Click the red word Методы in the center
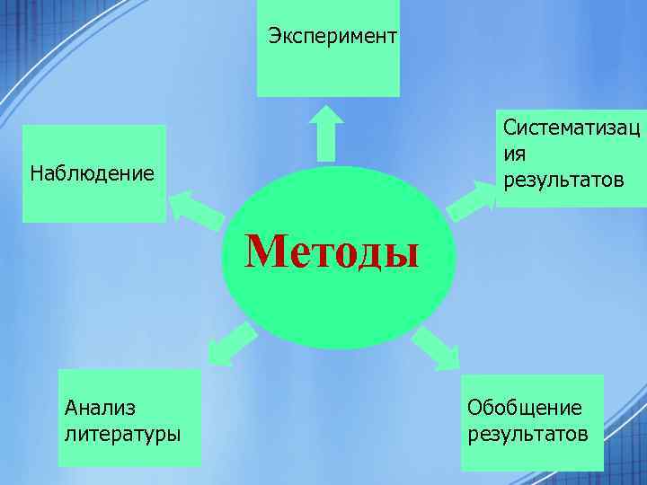click(x=333, y=251)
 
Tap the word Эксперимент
click(x=332, y=37)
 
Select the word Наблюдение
click(x=92, y=172)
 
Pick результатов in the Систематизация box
click(x=563, y=181)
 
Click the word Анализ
click(x=100, y=408)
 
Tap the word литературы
click(x=122, y=434)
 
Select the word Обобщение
click(x=524, y=408)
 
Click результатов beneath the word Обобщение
click(x=527, y=434)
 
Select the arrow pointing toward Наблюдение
click(x=196, y=208)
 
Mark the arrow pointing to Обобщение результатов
click(x=436, y=348)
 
